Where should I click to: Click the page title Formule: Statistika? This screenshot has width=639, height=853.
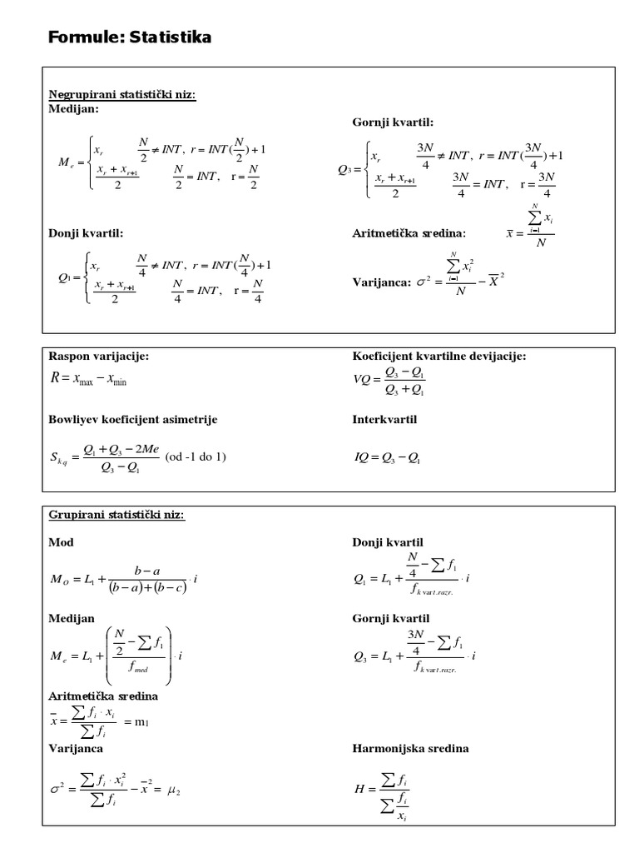pos(129,37)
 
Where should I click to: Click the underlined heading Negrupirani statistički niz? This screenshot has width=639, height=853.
pos(122,95)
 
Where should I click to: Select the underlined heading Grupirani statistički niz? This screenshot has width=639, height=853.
pos(116,515)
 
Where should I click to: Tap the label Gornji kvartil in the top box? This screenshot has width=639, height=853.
pos(393,122)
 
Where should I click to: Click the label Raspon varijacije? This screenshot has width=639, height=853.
pos(99,356)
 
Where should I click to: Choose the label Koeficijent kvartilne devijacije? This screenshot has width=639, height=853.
pos(439,356)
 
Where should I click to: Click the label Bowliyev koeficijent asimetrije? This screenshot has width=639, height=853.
pos(133,419)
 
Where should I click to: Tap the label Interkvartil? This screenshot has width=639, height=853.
pos(384,419)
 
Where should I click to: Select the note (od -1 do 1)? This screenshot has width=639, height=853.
pos(196,456)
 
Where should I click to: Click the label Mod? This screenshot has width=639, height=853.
pos(61,541)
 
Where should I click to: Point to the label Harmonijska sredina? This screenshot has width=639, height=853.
pos(410,748)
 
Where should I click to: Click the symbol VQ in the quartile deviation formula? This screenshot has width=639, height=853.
pos(363,381)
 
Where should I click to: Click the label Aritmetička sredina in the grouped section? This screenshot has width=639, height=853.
pos(103,695)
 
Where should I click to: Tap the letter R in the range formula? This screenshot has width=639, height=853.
pos(56,379)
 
